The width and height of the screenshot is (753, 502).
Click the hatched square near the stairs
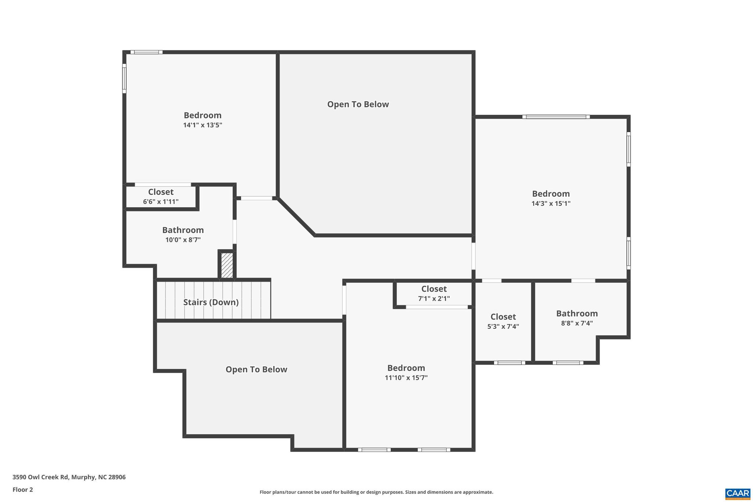pos(227,265)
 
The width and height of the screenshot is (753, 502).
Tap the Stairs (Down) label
pos(211,302)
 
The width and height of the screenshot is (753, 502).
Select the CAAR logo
pos(738,493)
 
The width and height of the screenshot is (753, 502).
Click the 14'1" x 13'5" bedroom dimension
pos(203,125)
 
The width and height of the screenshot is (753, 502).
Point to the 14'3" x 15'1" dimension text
pos(551,203)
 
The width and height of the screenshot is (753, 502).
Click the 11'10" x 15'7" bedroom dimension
pos(406,378)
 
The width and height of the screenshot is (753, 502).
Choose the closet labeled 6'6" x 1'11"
pos(161,196)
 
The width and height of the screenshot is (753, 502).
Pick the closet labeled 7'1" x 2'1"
pos(434,293)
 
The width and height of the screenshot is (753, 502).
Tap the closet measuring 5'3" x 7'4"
pos(503,321)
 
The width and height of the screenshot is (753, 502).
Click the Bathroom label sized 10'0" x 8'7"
pos(183,230)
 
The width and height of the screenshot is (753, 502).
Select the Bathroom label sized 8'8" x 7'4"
pos(577,314)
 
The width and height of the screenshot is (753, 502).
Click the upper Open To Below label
pos(358,104)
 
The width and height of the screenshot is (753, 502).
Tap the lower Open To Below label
pos(256,370)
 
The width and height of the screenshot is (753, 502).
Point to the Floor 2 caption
pos(23,489)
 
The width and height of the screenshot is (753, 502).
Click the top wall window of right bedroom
pos(556,117)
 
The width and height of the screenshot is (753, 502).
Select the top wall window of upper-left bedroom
pos(146,52)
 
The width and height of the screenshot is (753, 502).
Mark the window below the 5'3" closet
pos(510,363)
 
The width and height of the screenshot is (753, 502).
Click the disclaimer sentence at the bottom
pos(376,492)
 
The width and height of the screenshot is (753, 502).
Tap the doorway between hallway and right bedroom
pos(474,256)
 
